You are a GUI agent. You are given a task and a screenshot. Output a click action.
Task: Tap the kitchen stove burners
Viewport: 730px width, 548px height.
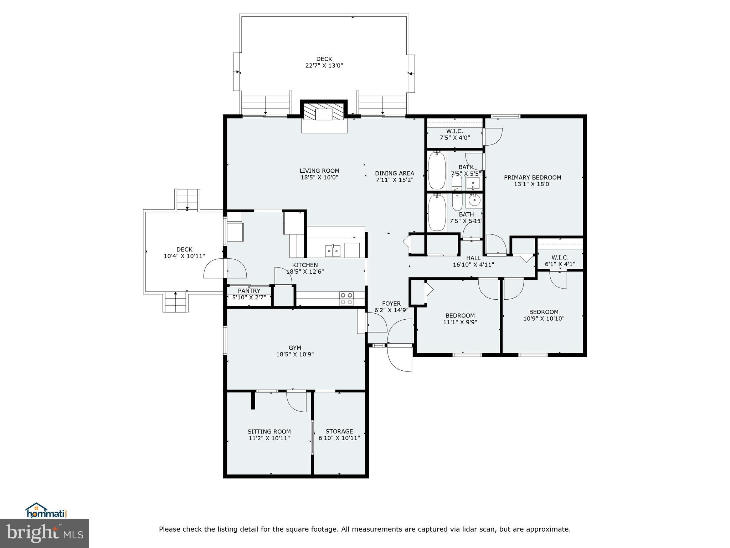(346, 299)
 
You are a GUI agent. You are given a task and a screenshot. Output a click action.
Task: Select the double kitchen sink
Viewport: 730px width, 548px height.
(333, 251)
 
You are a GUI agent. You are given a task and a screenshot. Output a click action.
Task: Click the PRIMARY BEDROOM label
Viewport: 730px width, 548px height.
(532, 177)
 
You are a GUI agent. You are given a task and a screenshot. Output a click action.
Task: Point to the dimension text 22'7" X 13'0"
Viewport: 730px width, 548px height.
(324, 66)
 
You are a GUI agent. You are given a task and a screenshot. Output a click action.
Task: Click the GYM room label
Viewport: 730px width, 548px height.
(295, 347)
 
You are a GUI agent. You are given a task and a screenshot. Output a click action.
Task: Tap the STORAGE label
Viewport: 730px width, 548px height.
(339, 431)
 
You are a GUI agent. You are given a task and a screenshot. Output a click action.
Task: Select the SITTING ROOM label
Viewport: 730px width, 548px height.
(269, 431)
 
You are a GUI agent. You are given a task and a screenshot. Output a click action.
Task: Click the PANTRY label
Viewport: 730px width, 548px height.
(249, 291)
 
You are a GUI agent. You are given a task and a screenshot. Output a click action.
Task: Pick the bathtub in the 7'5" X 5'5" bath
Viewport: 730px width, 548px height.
(437, 171)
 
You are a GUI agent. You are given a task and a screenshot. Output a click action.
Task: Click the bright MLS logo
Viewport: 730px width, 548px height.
(45, 533)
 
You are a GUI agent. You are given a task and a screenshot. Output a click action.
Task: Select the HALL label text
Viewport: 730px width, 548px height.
(473, 258)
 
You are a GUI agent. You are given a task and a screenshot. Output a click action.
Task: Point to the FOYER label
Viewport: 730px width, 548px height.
(391, 304)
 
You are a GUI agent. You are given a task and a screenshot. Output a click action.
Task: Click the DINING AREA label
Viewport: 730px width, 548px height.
(394, 173)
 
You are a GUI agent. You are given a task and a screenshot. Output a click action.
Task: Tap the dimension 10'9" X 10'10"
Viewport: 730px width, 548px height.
(544, 319)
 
